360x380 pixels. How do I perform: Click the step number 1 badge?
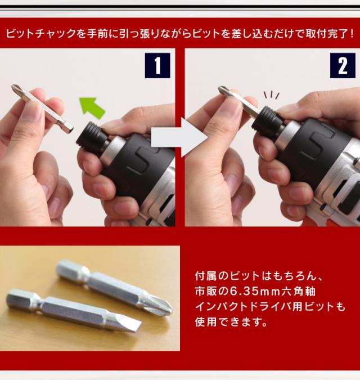coord(157,65)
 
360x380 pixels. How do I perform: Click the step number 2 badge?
coord(343,65)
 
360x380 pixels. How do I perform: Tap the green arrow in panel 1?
coord(92,108)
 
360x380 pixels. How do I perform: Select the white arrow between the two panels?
coord(179,137)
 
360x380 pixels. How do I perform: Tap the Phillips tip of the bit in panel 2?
coord(224,91)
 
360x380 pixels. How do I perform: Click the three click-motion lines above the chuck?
coord(271,95)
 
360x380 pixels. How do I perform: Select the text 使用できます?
coord(228,322)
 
